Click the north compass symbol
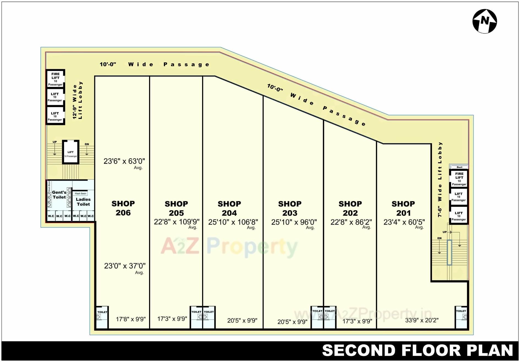[485, 21]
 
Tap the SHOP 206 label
[123, 208]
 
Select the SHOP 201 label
[403, 208]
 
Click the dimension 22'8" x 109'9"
[177, 222]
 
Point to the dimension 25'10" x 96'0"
[294, 222]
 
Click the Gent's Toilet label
[59, 195]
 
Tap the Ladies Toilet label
[83, 202]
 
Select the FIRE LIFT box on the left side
[55, 79]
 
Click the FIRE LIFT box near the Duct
[459, 179]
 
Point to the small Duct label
[459, 167]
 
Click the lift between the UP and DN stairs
[71, 153]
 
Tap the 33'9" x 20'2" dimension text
[422, 320]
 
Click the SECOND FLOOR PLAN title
[417, 351]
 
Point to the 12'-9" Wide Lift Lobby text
[77, 100]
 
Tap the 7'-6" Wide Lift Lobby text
[440, 179]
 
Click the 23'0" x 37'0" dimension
[125, 266]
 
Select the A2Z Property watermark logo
[229, 247]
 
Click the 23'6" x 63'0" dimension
[124, 161]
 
